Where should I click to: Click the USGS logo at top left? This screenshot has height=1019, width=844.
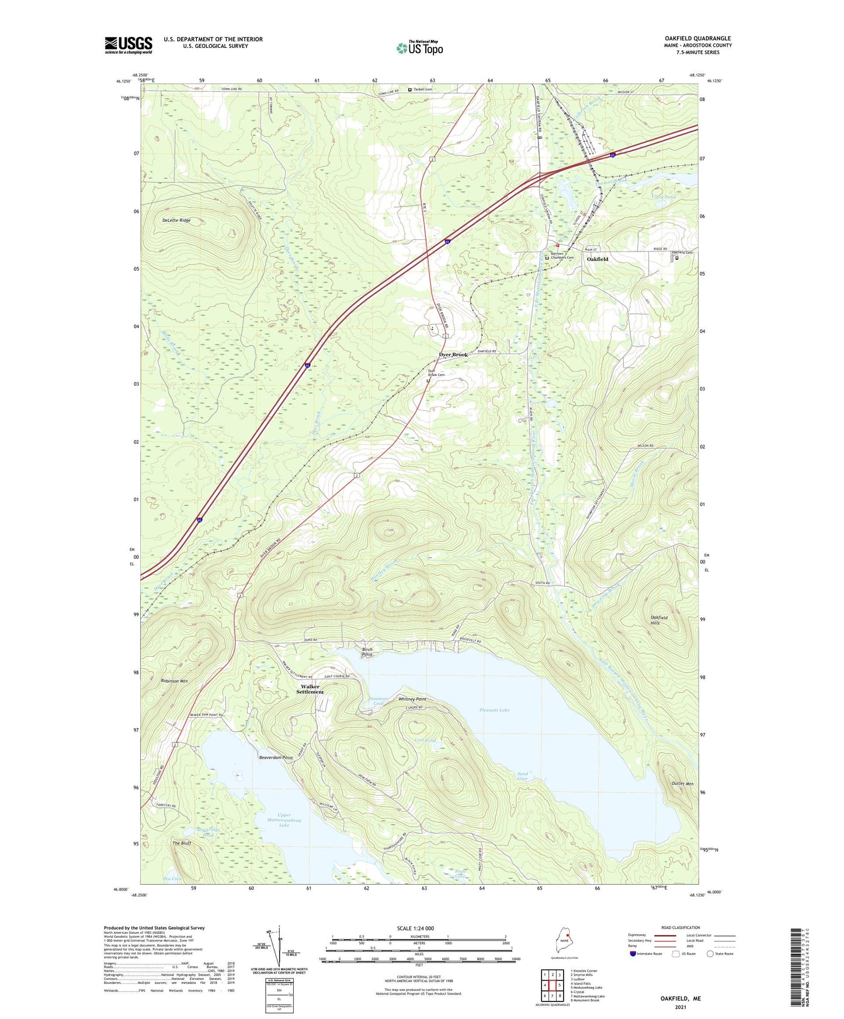pyautogui.click(x=128, y=45)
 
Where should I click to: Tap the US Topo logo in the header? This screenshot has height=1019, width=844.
pyautogui.click(x=420, y=48)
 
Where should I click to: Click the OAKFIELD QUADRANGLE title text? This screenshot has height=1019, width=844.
pyautogui.click(x=697, y=39)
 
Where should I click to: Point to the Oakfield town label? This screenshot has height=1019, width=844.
pyautogui.click(x=597, y=259)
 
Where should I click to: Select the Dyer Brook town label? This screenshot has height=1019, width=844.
pyautogui.click(x=453, y=355)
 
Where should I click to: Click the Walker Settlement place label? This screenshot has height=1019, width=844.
pyautogui.click(x=310, y=689)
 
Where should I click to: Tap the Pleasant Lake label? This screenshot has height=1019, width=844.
pyautogui.click(x=494, y=710)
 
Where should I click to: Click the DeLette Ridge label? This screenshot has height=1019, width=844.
pyautogui.click(x=176, y=221)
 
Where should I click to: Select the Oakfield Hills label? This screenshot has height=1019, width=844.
pyautogui.click(x=659, y=620)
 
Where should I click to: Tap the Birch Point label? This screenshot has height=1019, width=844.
pyautogui.click(x=367, y=652)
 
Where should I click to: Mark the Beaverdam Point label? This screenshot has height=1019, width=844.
pyautogui.click(x=276, y=758)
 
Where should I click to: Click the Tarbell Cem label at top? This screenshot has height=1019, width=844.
pyautogui.click(x=422, y=89)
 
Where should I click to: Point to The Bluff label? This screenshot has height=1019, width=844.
pyautogui.click(x=182, y=843)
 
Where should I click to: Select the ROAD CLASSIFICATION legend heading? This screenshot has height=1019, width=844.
pyautogui.click(x=680, y=927)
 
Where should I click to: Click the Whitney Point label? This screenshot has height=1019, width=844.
pyautogui.click(x=412, y=699)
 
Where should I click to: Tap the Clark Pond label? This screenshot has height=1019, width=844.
pyautogui.click(x=664, y=197)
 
